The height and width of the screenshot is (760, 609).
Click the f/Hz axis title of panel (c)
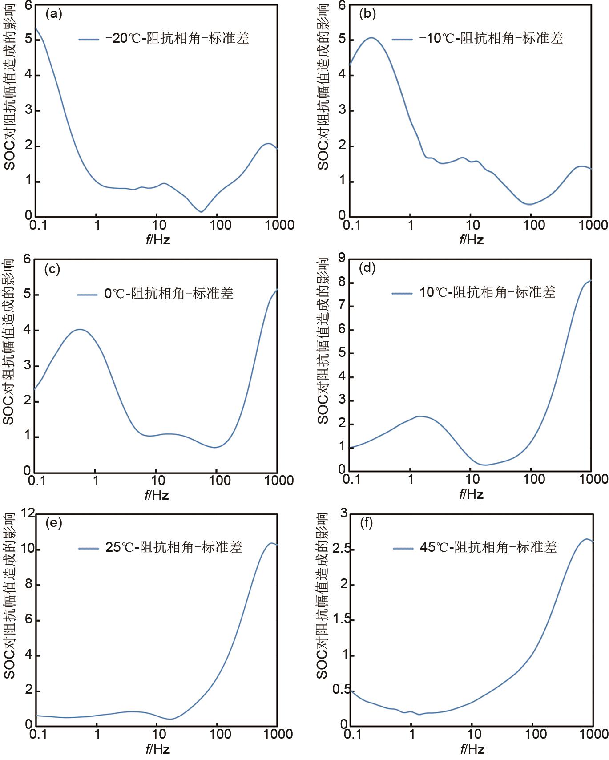157,495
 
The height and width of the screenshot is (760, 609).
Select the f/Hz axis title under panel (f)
472,748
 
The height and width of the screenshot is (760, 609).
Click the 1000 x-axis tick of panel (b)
591,225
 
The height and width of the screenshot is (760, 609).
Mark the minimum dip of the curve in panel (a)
201,211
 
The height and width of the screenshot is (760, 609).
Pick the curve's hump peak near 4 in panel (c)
80,329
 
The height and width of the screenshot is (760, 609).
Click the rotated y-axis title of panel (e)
9,596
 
